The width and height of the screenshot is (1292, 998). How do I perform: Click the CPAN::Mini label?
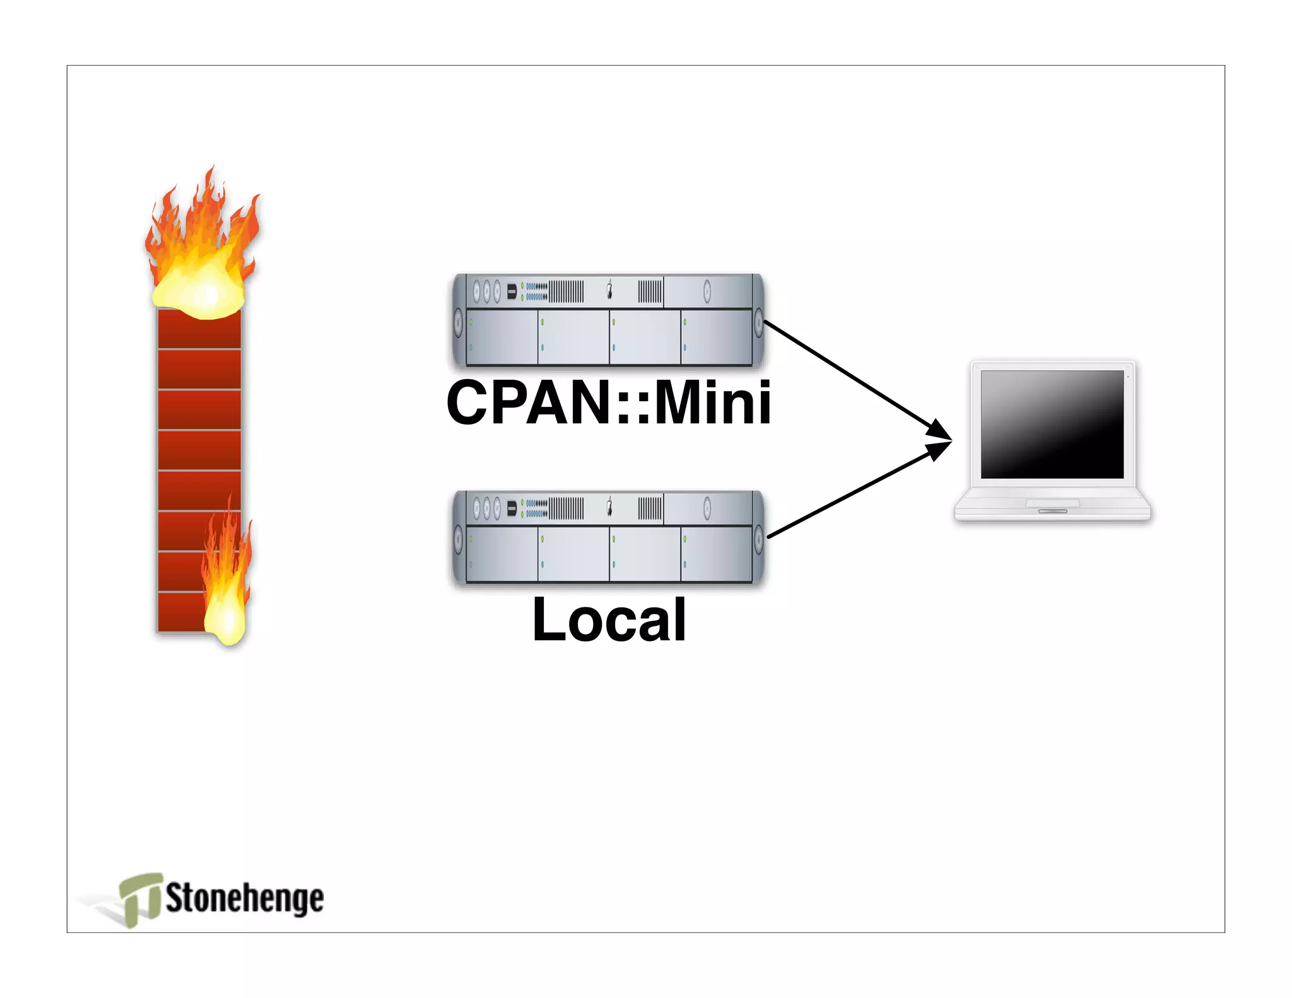[x=608, y=403]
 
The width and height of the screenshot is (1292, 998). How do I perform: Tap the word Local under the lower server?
[x=609, y=620]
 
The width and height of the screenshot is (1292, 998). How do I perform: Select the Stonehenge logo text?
[x=244, y=898]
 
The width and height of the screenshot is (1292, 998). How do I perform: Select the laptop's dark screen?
[x=1052, y=424]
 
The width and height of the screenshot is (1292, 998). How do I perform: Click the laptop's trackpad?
[x=1052, y=503]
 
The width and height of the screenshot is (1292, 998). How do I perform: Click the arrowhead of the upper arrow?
[x=940, y=431]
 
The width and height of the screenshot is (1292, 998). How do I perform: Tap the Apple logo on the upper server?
[x=609, y=291]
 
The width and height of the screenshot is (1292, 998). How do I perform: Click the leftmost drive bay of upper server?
[x=502, y=337]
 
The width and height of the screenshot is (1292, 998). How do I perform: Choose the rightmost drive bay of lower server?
[x=716, y=554]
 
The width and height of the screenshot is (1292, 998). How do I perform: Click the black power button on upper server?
[x=512, y=291]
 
